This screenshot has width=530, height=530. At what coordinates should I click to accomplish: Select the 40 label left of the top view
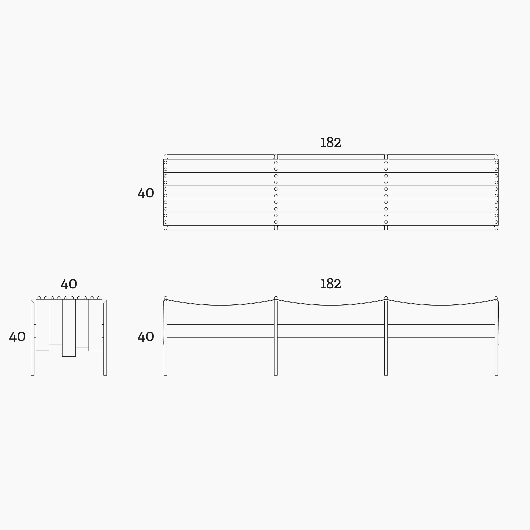click(146, 193)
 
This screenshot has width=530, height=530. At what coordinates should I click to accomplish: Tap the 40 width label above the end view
click(68, 285)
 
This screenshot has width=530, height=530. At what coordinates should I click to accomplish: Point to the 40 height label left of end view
click(17, 337)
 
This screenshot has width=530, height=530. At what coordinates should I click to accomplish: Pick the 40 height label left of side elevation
click(146, 337)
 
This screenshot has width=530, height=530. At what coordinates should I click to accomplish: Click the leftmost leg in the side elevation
click(165, 338)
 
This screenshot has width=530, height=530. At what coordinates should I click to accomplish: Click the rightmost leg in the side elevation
click(496, 338)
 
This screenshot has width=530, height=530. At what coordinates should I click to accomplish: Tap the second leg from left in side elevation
click(276, 338)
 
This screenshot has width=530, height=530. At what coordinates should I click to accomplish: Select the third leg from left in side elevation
click(386, 338)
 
